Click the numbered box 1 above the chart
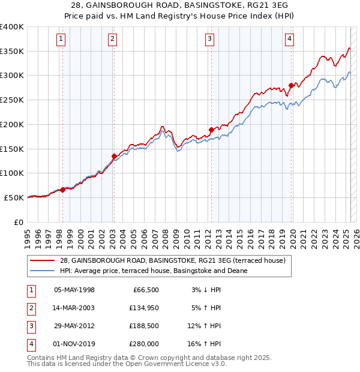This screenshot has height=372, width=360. [x=62, y=40]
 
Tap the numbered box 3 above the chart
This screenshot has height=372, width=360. [x=210, y=40]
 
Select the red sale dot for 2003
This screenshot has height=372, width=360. [x=114, y=156]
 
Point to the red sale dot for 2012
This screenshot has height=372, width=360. [x=211, y=130]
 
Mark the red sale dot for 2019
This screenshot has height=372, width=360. [x=290, y=85]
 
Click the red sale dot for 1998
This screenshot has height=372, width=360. [x=62, y=190]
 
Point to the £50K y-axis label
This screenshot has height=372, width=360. [x=14, y=197]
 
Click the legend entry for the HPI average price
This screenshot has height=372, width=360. [x=154, y=271]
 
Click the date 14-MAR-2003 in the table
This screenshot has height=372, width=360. [x=74, y=308]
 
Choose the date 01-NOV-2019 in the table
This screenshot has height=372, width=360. [x=74, y=344]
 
